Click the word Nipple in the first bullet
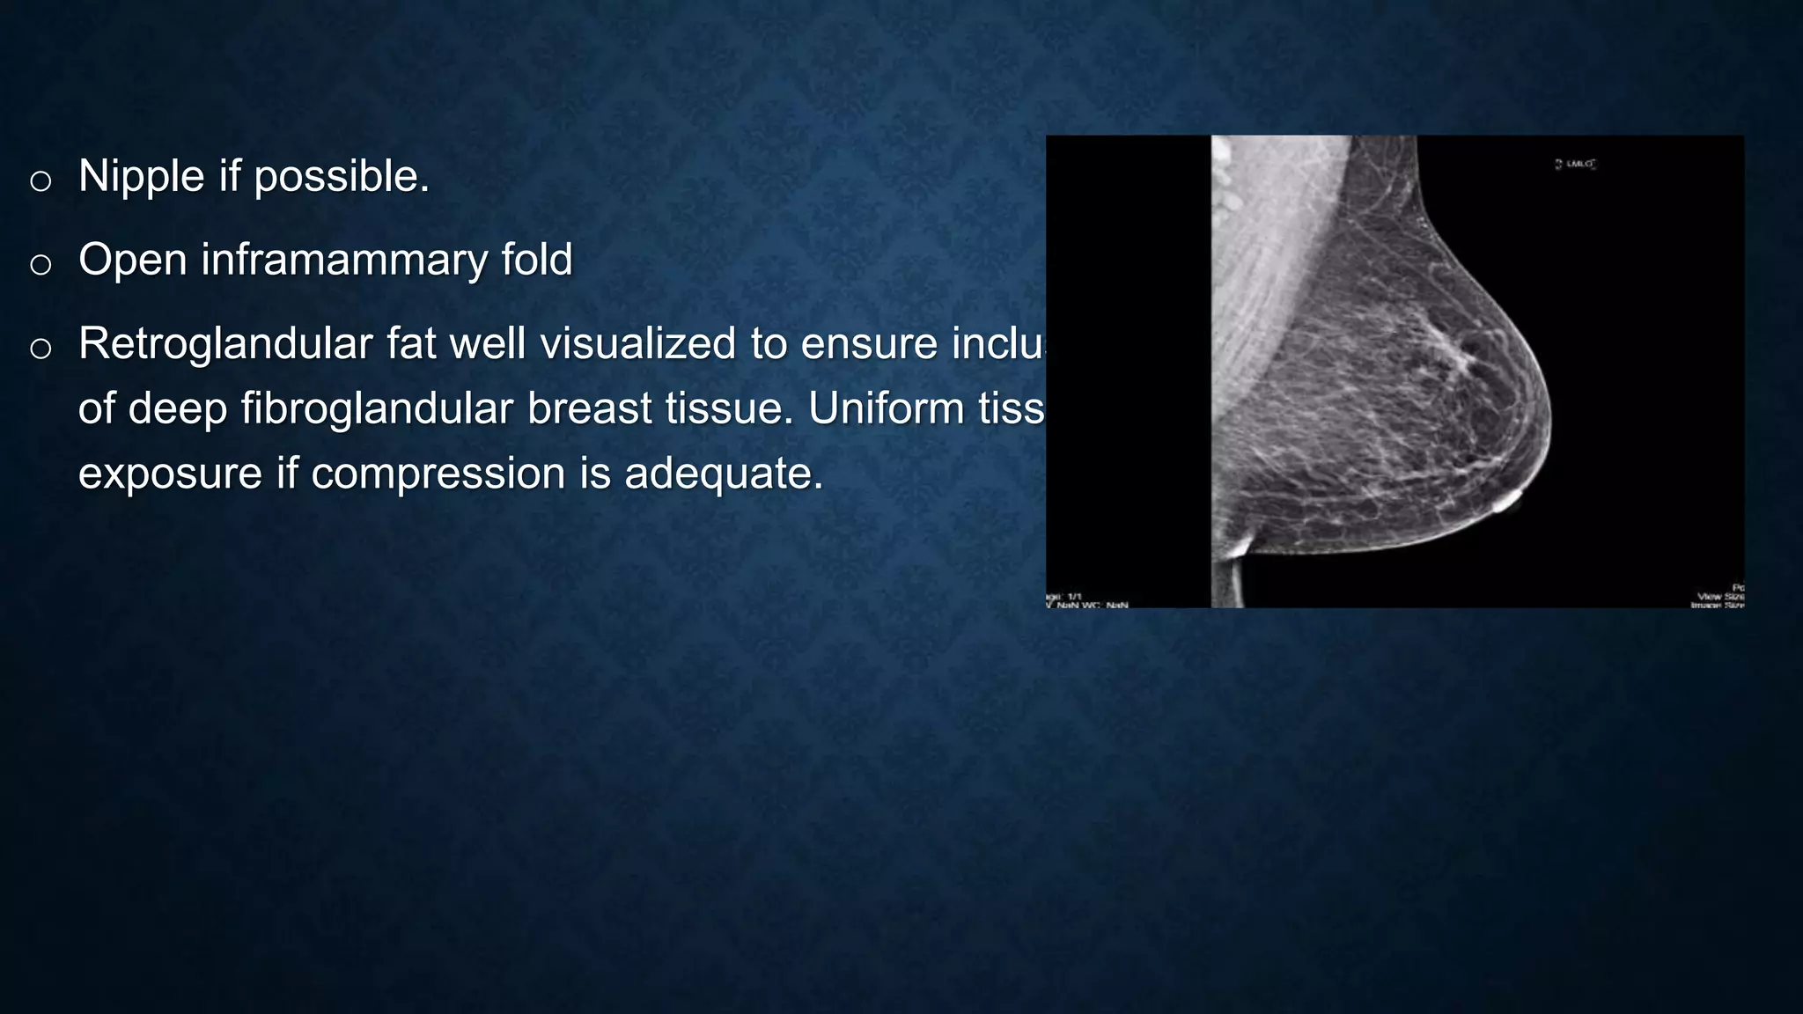[x=141, y=177]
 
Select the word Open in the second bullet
[x=132, y=261]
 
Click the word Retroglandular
[x=225, y=344]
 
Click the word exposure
[x=170, y=474]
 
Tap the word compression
[x=438, y=474]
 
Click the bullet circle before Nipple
[x=40, y=181]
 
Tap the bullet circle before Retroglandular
[x=40, y=349]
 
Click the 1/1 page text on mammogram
[x=1074, y=597]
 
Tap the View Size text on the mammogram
[x=1720, y=596]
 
